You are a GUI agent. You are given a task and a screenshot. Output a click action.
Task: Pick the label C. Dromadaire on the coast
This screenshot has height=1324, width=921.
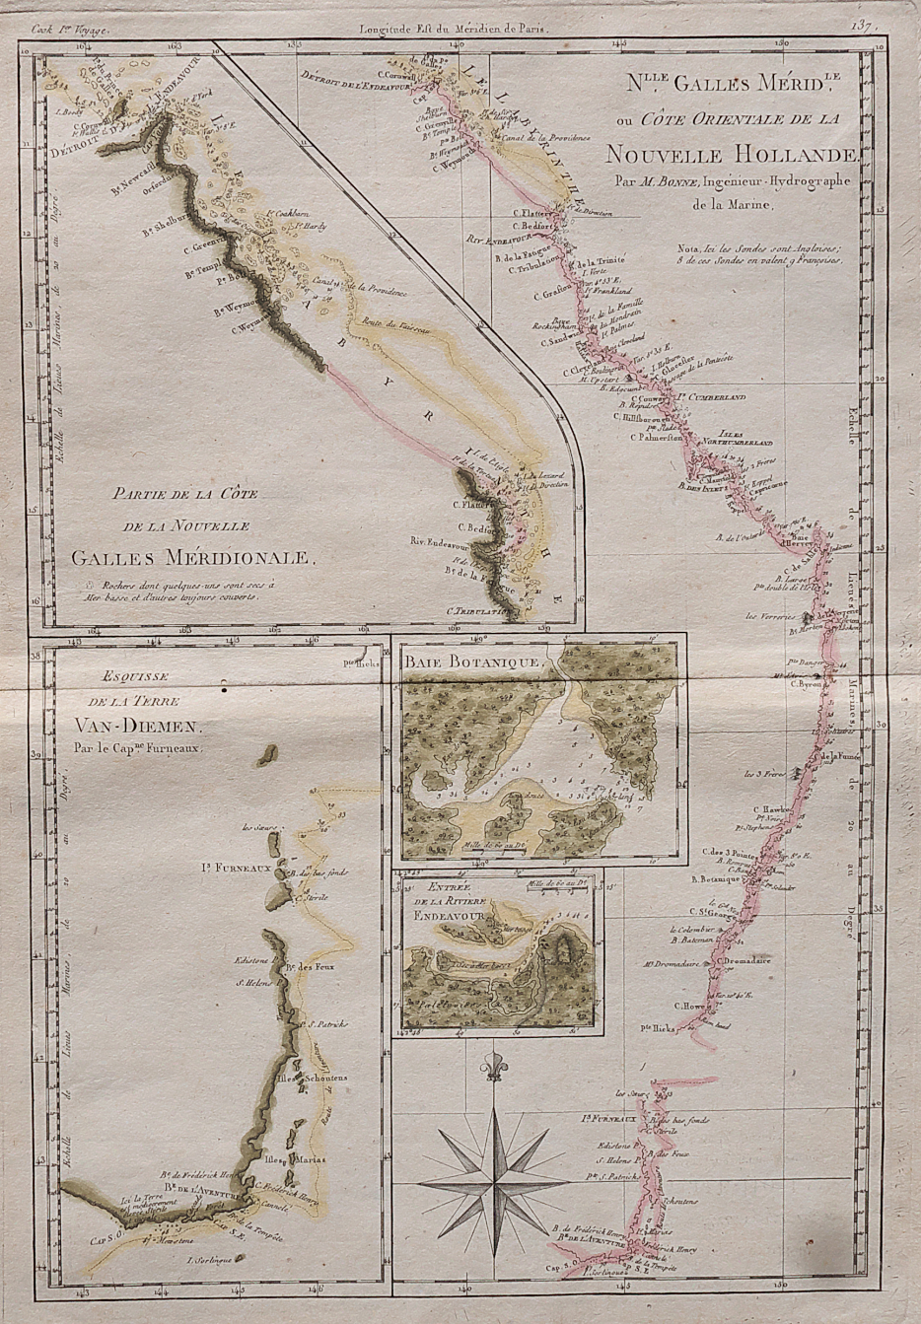click(x=749, y=960)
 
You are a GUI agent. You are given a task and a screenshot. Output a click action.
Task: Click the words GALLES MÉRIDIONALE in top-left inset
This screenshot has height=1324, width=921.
click(x=192, y=559)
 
